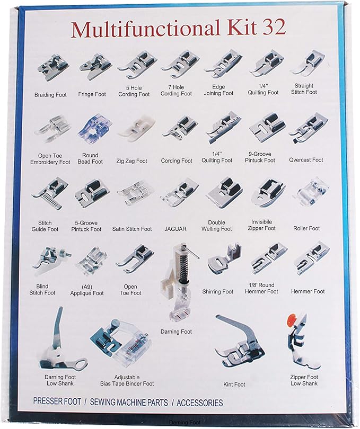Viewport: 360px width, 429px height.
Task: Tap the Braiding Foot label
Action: [51, 95]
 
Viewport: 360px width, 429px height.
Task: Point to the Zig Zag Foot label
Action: [132, 161]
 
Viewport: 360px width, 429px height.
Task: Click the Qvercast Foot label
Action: [306, 160]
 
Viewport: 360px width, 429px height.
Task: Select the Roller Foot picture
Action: [307, 193]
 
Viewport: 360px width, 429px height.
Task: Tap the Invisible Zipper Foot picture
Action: [264, 193]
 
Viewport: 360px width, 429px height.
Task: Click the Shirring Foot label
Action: [217, 292]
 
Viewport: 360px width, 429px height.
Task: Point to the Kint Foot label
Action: [234, 385]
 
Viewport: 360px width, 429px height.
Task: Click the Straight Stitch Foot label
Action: [304, 89]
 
